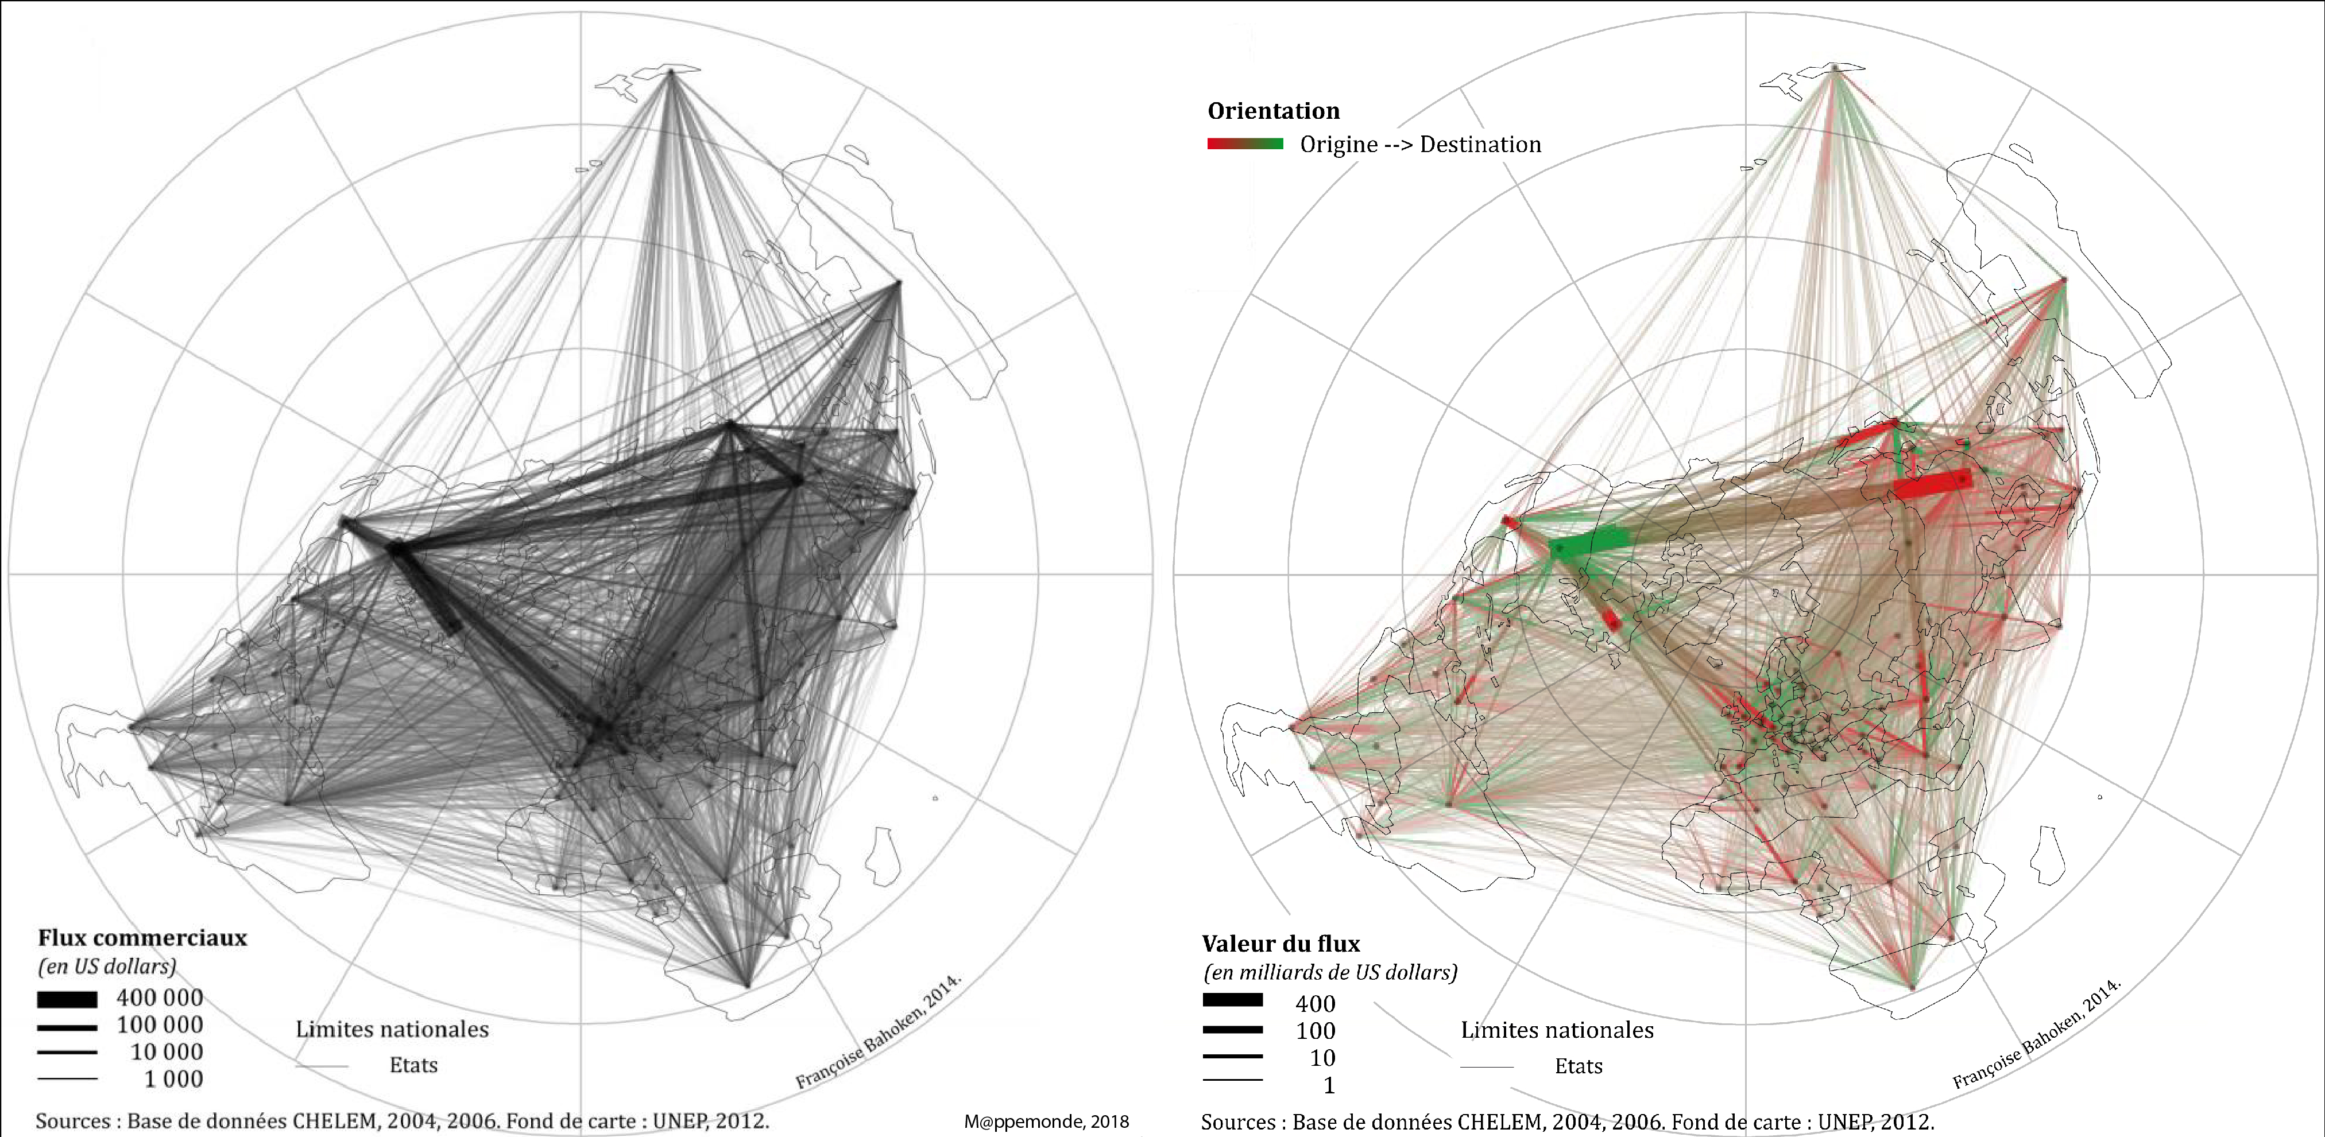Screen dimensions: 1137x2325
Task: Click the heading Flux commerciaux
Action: (x=142, y=938)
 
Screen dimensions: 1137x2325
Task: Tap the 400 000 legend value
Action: (x=160, y=997)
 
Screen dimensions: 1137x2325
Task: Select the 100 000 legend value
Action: (x=160, y=1024)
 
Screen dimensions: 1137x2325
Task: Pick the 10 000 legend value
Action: (x=167, y=1051)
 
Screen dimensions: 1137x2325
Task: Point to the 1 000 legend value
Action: (x=173, y=1078)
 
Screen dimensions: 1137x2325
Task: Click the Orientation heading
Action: (x=1274, y=111)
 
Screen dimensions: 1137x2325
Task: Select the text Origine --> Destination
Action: (x=1419, y=145)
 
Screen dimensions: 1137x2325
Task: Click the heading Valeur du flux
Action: (x=1280, y=944)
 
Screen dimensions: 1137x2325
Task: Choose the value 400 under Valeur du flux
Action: (x=1315, y=1003)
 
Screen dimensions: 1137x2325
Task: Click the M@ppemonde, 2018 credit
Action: (x=1046, y=1122)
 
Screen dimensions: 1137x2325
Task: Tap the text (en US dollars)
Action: (x=106, y=967)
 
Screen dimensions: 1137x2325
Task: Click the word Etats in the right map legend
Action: (x=1578, y=1066)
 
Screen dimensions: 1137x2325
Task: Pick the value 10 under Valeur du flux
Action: (x=1322, y=1058)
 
